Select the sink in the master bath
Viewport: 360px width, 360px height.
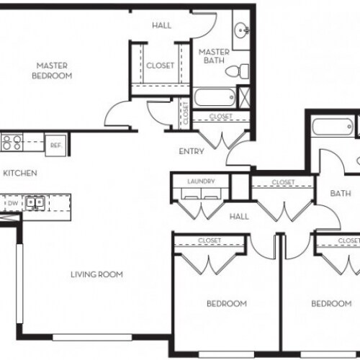click(x=242, y=30)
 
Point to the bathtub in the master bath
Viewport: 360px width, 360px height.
click(x=216, y=97)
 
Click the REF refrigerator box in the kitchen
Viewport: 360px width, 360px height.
click(x=55, y=143)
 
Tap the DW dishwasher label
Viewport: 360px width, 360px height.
click(x=12, y=204)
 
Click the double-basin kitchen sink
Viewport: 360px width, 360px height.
click(x=33, y=204)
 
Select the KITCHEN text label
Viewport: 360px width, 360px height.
click(x=20, y=174)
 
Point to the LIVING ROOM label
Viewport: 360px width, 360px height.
click(x=96, y=274)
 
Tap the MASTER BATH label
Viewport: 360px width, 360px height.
click(x=214, y=57)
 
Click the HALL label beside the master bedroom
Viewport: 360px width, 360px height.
click(x=161, y=25)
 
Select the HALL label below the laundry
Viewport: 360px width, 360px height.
click(x=239, y=216)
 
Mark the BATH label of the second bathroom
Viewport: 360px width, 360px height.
click(x=341, y=193)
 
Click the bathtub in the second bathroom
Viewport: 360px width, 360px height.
click(x=332, y=130)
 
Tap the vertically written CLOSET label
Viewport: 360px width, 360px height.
click(x=185, y=112)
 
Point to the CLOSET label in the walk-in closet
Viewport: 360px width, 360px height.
click(x=160, y=66)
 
